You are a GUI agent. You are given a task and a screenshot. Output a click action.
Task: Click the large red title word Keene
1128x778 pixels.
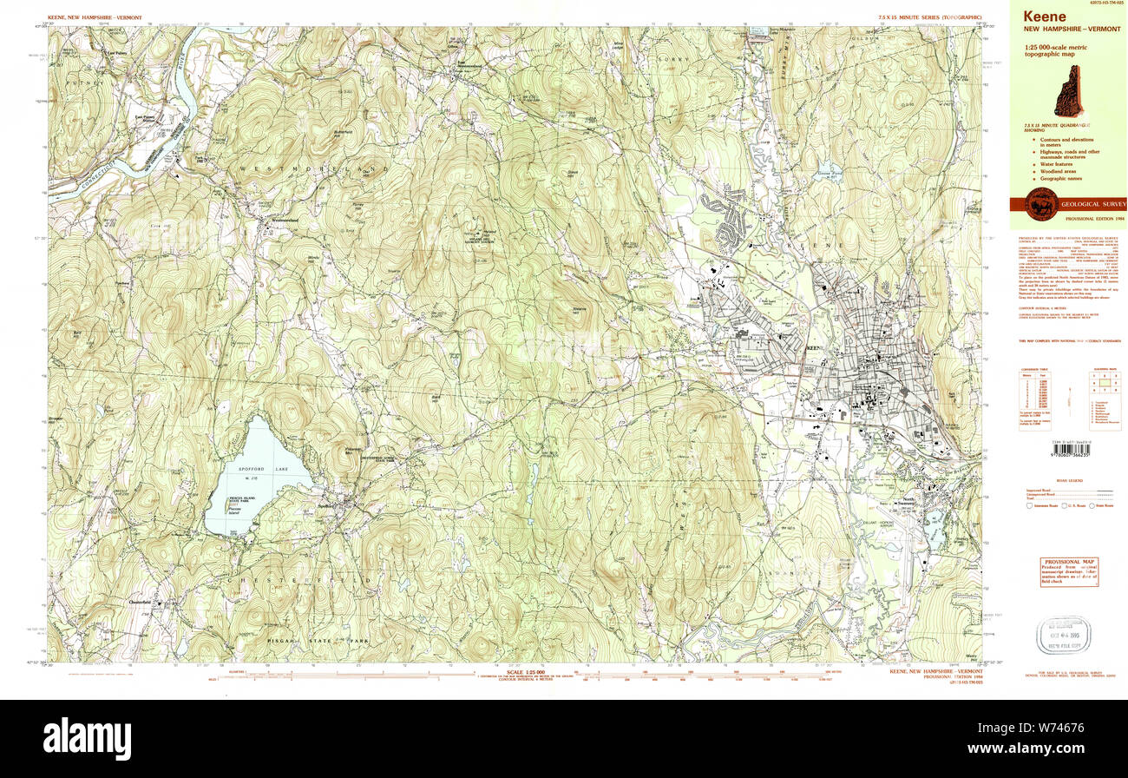click(x=1045, y=16)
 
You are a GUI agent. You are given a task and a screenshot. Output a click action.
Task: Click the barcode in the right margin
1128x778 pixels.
click(x=1073, y=445)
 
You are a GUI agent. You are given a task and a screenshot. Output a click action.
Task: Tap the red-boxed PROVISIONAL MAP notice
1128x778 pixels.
click(x=1068, y=572)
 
